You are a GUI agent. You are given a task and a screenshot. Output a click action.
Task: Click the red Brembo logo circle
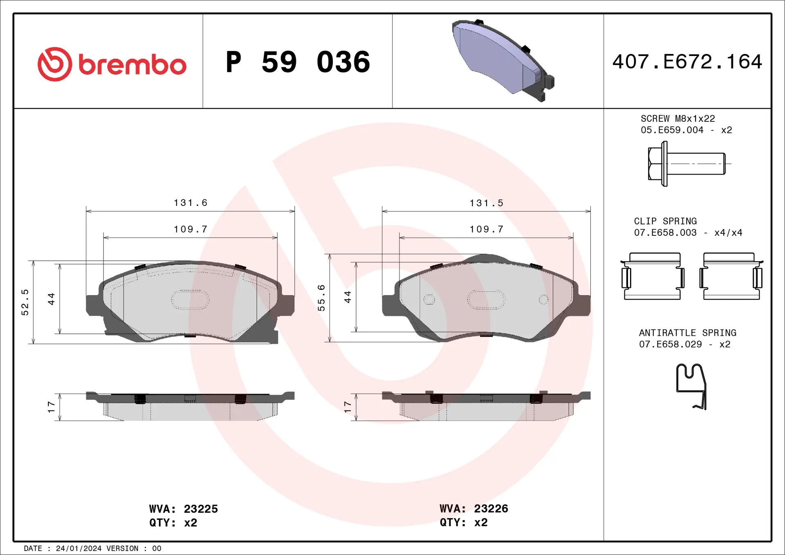[x=55, y=64]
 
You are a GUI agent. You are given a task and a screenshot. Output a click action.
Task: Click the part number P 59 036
[x=298, y=62]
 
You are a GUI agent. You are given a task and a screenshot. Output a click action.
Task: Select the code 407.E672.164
[x=687, y=62]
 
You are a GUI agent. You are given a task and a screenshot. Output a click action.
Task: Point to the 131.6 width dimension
[x=191, y=203]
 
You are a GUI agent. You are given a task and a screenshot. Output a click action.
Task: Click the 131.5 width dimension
[x=486, y=203]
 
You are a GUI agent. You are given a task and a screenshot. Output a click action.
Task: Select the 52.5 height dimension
[x=25, y=302]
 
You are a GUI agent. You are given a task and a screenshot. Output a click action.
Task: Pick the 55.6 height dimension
[x=321, y=298]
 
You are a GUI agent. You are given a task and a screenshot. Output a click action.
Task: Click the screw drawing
[x=687, y=164]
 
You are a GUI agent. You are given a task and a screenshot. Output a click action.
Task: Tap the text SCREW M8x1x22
[x=677, y=119]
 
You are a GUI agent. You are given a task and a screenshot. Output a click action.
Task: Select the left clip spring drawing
[x=653, y=276]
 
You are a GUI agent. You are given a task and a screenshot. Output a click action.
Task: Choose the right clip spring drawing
[x=731, y=276]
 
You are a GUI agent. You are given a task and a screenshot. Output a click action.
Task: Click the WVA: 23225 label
[x=183, y=509]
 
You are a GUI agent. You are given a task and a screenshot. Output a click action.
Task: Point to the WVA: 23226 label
[x=473, y=508]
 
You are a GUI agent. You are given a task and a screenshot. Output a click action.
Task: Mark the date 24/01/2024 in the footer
[x=78, y=548]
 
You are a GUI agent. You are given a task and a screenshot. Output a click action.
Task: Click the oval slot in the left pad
[x=190, y=300]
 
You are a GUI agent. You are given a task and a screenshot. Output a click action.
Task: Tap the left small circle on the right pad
[x=429, y=300]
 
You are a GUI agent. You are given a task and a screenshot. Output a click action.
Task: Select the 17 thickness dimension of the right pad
[x=348, y=407]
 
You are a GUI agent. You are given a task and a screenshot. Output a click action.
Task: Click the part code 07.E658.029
[x=670, y=344]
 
